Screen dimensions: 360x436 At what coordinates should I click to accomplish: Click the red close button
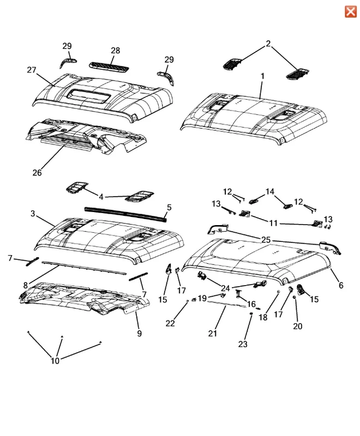tap(351, 11)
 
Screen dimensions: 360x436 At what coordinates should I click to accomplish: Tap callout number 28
tap(115, 51)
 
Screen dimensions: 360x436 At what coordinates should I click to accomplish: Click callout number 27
tap(32, 70)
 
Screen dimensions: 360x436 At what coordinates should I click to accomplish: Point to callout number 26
tap(37, 173)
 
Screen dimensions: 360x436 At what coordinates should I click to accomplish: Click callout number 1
tap(262, 76)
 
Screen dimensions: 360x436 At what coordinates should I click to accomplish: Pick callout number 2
tap(268, 44)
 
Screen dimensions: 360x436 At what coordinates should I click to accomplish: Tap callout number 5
tap(169, 208)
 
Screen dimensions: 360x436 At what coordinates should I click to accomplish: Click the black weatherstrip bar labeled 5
tap(126, 214)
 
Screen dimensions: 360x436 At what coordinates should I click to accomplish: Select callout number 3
tap(33, 214)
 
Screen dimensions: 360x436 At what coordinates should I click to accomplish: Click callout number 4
tap(101, 197)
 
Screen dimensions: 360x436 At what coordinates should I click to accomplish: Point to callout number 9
tap(140, 333)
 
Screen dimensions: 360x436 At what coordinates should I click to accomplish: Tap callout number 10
tap(55, 361)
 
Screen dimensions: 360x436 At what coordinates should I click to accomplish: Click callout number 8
tap(26, 285)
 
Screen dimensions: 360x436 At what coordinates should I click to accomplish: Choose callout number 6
tap(341, 285)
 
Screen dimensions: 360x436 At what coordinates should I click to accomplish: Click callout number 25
tap(266, 240)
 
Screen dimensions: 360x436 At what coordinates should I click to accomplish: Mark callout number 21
tap(213, 333)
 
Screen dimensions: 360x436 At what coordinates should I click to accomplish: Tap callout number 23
tap(243, 344)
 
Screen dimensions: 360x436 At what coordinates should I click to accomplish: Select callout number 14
tap(269, 192)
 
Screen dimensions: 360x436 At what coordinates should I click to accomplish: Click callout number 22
tap(170, 323)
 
